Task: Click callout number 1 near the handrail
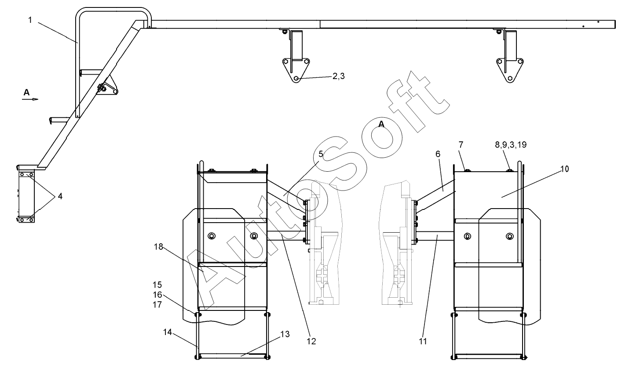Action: [x=30, y=20]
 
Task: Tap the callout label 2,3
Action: [x=338, y=76]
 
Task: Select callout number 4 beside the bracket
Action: [x=60, y=196]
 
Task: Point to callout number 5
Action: [x=321, y=154]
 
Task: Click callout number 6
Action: [x=438, y=154]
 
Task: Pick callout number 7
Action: [x=461, y=145]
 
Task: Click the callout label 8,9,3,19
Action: [x=511, y=144]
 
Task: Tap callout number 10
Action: [x=565, y=169]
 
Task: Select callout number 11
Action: [x=423, y=341]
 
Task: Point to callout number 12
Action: [x=311, y=341]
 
